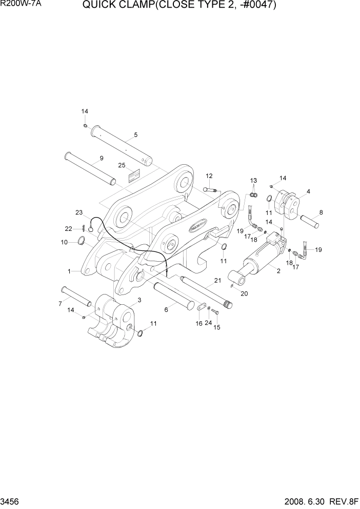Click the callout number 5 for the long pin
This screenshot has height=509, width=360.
click(x=136, y=135)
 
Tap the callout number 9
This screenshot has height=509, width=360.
click(x=102, y=158)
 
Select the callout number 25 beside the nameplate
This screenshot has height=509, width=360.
click(x=122, y=165)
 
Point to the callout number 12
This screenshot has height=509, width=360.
click(x=209, y=176)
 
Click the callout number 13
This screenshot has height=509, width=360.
click(x=253, y=181)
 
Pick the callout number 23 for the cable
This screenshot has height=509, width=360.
click(x=79, y=212)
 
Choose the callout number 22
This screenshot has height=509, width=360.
click(x=68, y=229)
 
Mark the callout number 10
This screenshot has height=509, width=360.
click(x=64, y=242)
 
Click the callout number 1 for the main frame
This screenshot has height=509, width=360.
click(x=69, y=270)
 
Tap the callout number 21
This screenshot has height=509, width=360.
click(x=217, y=280)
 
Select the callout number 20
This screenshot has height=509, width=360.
click(x=244, y=294)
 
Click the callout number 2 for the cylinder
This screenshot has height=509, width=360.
click(x=278, y=271)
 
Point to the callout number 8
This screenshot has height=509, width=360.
click(x=321, y=212)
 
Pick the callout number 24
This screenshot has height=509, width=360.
click(x=208, y=323)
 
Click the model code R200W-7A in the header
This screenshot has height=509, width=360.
click(x=20, y=6)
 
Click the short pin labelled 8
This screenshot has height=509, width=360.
click(x=309, y=221)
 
